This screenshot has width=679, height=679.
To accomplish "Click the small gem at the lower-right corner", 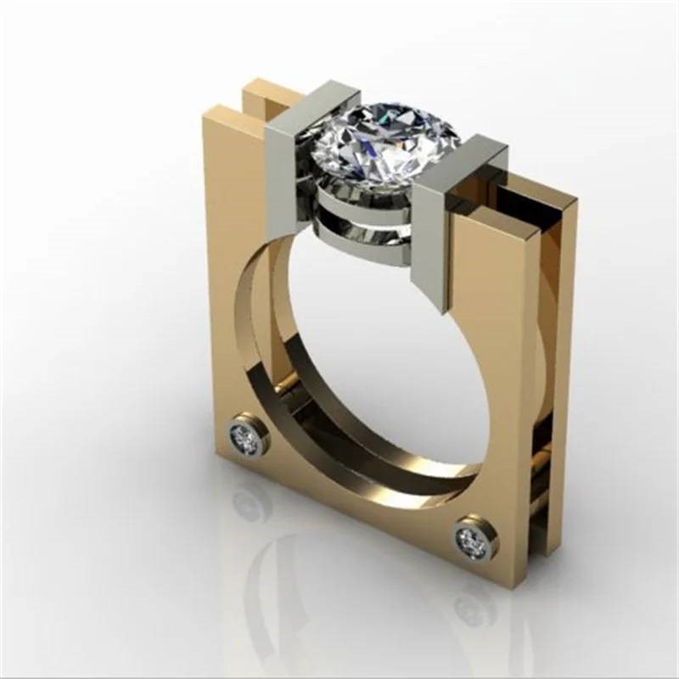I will point(472,538).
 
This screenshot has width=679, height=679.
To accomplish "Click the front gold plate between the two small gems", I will point(356,509).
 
